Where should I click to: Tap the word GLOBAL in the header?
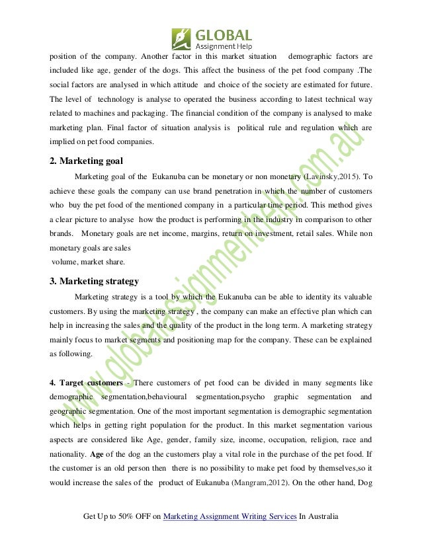[224, 33]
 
